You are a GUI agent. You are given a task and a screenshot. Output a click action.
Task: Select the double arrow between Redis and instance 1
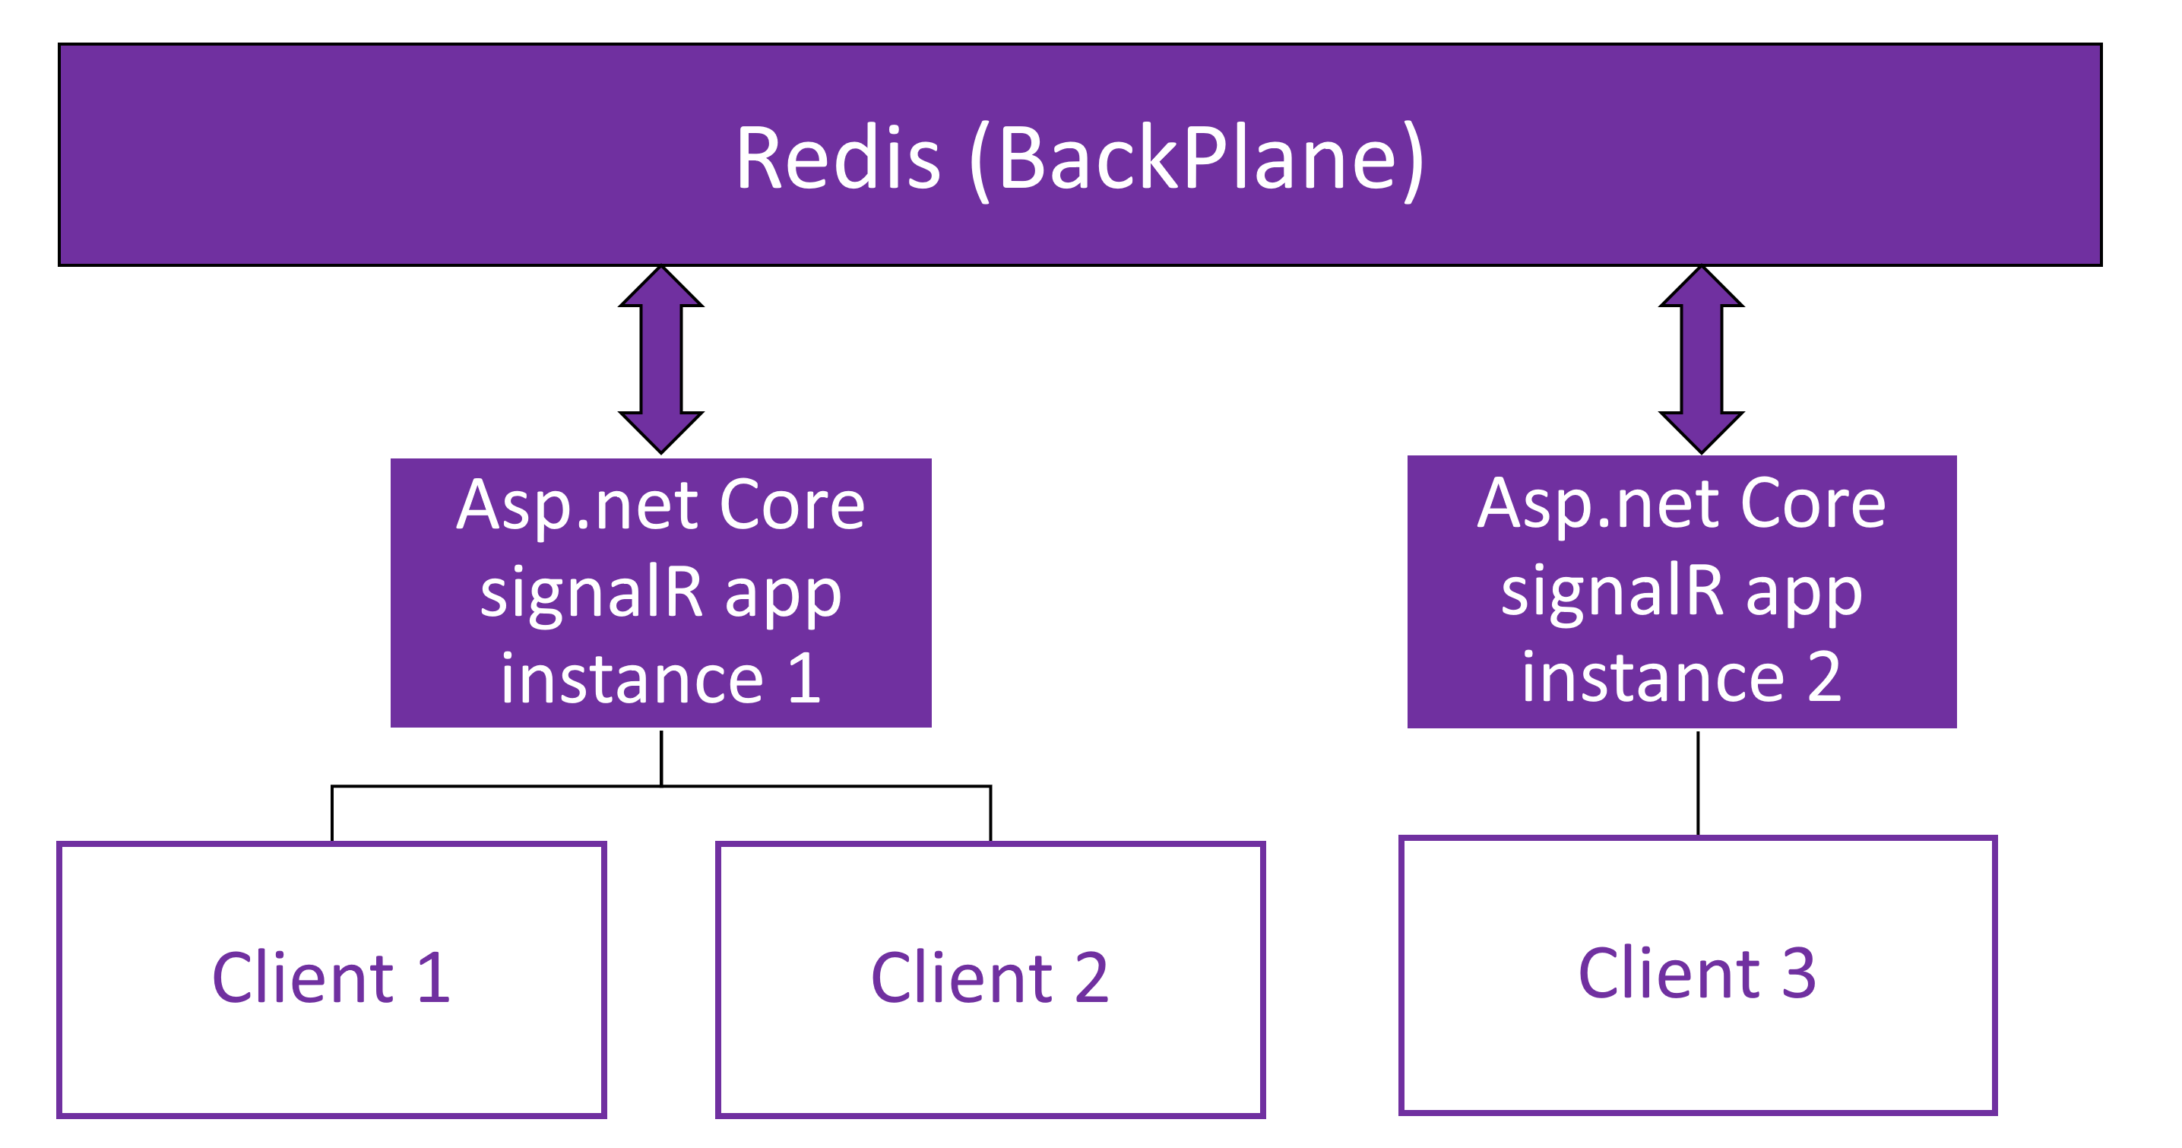pyautogui.click(x=661, y=360)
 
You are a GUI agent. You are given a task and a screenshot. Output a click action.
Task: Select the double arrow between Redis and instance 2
pyautogui.click(x=1701, y=360)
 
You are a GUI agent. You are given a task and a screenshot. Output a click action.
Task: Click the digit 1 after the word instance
pyautogui.click(x=804, y=679)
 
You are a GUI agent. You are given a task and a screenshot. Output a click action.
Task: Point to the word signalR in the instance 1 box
pyautogui.click(x=591, y=592)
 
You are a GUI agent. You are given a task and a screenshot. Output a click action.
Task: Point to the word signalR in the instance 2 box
pyautogui.click(x=1612, y=591)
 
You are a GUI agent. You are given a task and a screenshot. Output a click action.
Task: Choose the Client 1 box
pyautogui.click(x=332, y=979)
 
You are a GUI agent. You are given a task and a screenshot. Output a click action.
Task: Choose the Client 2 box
pyautogui.click(x=990, y=979)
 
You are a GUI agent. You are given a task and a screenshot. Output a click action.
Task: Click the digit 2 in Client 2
pyautogui.click(x=1092, y=978)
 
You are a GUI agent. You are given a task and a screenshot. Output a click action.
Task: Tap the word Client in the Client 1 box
pyautogui.click(x=303, y=977)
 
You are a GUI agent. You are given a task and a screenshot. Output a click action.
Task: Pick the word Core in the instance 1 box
pyautogui.click(x=792, y=506)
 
